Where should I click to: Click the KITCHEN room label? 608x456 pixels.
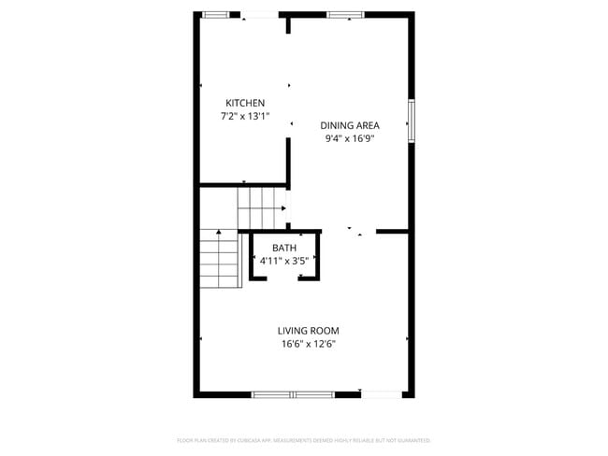coord(245,103)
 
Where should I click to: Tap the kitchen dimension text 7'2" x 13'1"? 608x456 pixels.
coord(245,117)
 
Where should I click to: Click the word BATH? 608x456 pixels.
coord(284,248)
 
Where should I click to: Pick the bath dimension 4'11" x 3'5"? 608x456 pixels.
coord(284,261)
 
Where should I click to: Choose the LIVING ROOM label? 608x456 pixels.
coord(308,330)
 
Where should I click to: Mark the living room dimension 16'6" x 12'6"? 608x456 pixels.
coord(308,344)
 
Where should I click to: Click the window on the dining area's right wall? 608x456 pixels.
coord(411,121)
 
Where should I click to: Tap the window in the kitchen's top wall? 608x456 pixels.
coord(216,14)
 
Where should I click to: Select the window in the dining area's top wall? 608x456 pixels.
coord(344,14)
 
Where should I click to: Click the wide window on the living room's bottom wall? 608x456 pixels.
coord(293,394)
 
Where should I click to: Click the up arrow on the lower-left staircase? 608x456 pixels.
coord(219,233)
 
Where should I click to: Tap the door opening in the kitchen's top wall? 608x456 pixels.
coord(260,14)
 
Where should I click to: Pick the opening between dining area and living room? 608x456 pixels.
coord(350,231)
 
